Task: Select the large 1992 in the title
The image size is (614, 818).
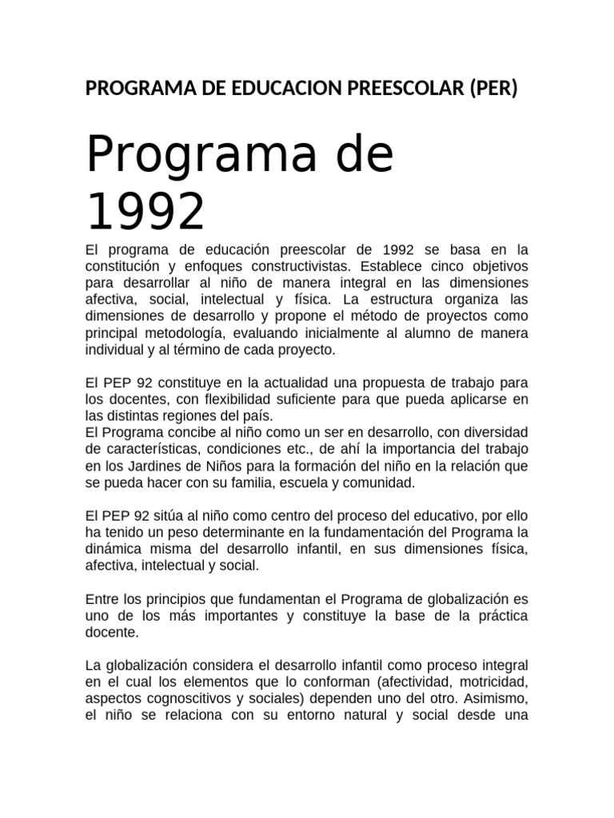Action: click(146, 211)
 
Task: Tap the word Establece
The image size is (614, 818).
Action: click(393, 265)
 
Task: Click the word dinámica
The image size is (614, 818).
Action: click(114, 549)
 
